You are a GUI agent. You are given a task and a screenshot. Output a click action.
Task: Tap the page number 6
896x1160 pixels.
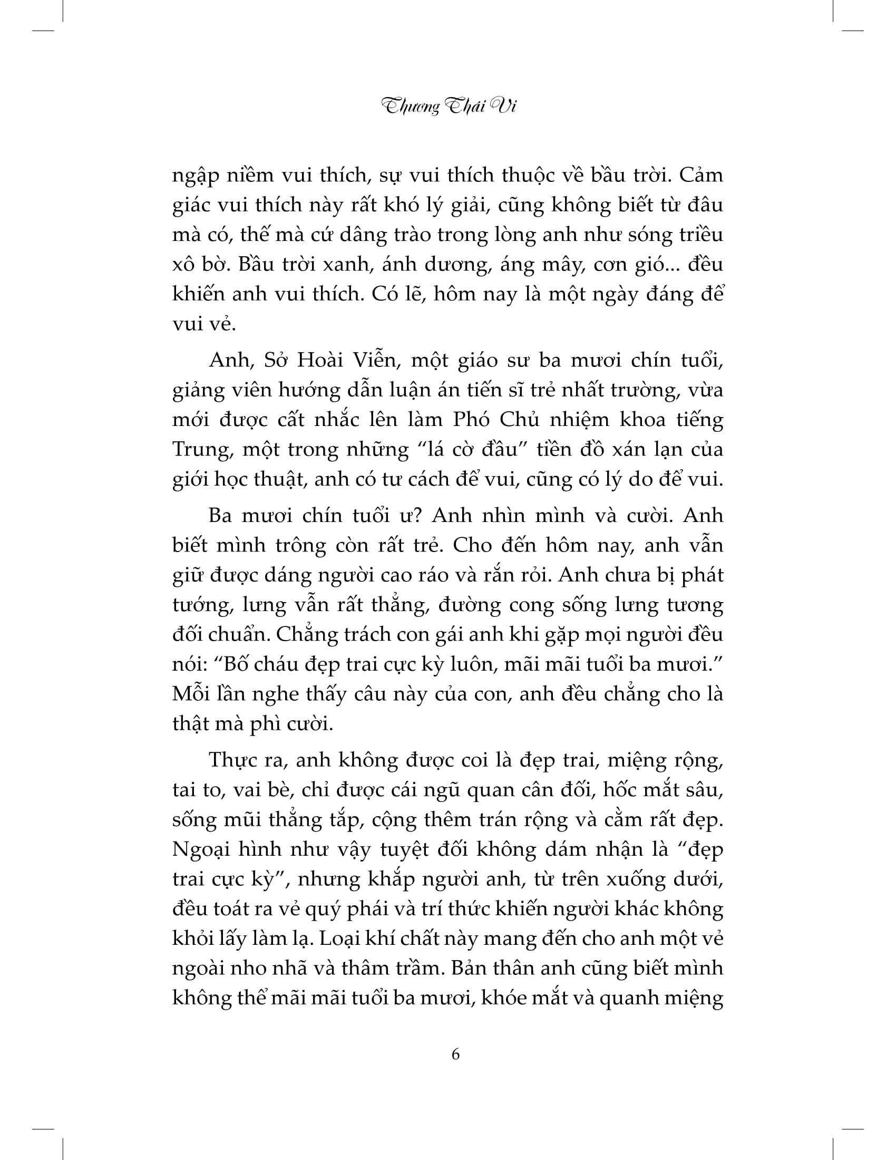(x=455, y=1054)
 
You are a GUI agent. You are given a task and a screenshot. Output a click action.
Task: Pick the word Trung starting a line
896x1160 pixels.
(x=198, y=449)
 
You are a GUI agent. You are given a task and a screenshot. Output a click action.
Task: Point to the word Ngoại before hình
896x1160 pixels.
(x=203, y=850)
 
